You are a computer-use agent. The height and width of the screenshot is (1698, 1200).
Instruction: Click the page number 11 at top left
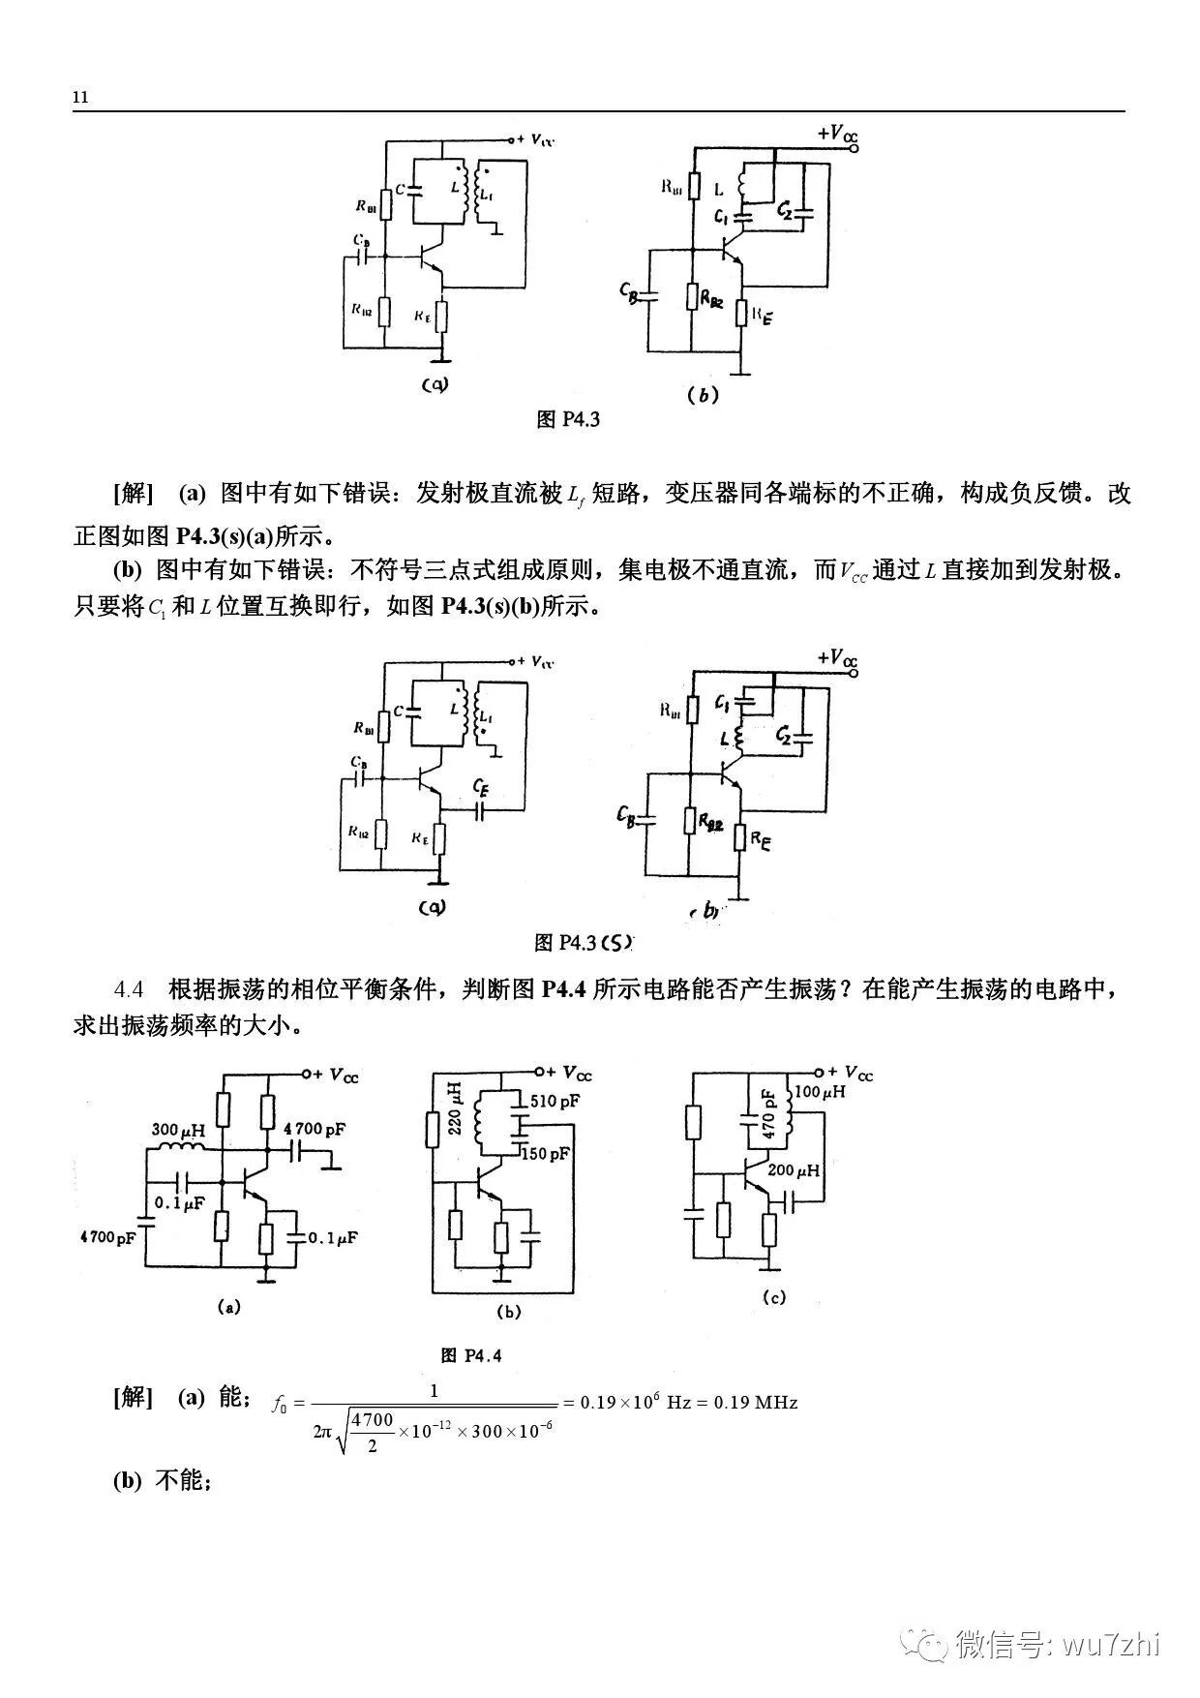tap(80, 98)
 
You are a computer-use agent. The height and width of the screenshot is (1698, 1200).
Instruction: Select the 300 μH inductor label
tap(178, 1130)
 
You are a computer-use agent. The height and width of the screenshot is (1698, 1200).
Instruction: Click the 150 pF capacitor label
tap(547, 1154)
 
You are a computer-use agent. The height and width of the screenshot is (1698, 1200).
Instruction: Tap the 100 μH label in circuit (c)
tap(819, 1092)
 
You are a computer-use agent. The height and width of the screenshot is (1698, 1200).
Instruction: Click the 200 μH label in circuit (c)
tap(794, 1170)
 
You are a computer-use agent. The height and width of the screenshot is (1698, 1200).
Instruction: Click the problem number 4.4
tap(129, 990)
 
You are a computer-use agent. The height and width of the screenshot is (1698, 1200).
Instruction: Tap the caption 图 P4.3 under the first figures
tap(568, 420)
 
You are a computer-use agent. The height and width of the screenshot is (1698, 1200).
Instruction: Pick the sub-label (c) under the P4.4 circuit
tap(774, 1298)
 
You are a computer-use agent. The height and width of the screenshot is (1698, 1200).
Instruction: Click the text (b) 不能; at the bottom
tap(162, 1480)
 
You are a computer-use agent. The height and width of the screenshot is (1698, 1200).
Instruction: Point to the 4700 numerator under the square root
tap(373, 1420)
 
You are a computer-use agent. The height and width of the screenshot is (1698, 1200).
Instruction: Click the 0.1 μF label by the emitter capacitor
tap(333, 1238)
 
